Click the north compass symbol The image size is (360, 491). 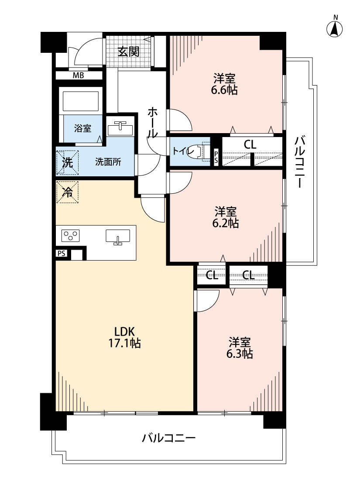coord(334,28)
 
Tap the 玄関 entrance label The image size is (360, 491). coord(128,52)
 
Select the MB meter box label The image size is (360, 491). coord(78,76)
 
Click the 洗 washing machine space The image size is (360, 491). coord(67,162)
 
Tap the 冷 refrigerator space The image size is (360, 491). coord(67,192)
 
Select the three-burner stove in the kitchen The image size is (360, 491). coord(70,236)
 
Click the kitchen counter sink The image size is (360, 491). coord(118,237)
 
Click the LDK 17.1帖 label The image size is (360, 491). coord(124,337)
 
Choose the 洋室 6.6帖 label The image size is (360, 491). coord(224,84)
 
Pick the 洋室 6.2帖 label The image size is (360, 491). coord(226,217)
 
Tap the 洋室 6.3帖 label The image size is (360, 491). coord(240,347)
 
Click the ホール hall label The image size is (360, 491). coord(152,122)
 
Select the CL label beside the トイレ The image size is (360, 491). coord(250,144)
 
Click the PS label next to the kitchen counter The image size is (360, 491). coord(62,253)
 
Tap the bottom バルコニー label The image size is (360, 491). coord(169,437)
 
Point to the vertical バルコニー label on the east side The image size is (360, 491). coord(299,161)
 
